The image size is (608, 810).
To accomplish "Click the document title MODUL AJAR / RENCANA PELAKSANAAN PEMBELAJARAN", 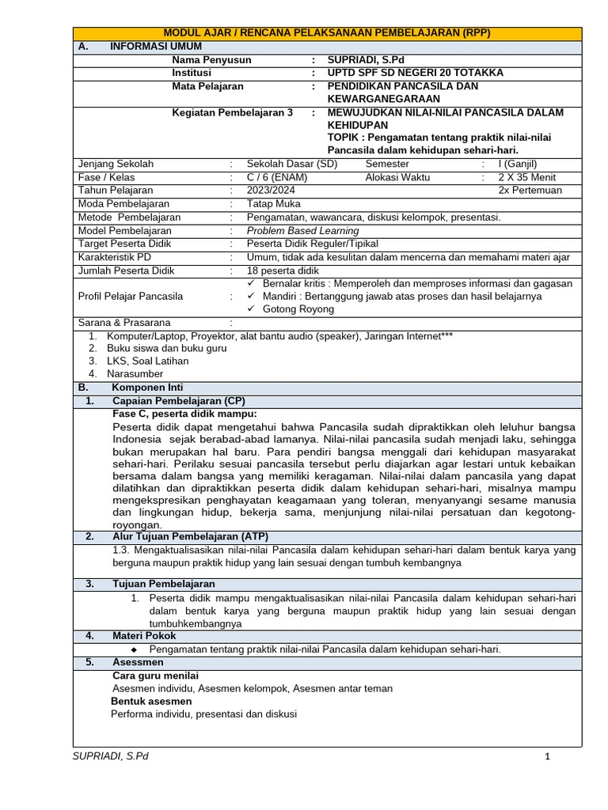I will [327, 32].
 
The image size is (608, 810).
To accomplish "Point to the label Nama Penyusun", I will [211, 59].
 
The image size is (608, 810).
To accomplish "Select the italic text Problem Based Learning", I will [302, 231].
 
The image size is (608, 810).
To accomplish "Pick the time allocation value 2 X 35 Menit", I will [532, 177].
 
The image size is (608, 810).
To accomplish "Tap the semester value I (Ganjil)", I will [518, 164].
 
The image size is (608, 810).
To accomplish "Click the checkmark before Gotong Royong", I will [251, 309].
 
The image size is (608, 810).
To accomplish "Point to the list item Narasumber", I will [135, 373].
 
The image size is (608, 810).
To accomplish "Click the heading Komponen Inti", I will [147, 388].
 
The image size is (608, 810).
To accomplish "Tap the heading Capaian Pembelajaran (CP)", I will [179, 401].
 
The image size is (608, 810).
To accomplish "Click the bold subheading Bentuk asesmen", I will [150, 702].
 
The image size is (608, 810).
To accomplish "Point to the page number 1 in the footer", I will [546, 756].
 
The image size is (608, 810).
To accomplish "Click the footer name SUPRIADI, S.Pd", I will [110, 756].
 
